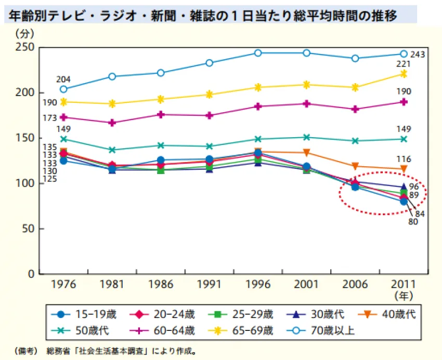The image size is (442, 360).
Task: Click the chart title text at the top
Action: click(203, 16)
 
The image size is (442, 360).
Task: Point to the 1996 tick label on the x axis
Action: click(258, 284)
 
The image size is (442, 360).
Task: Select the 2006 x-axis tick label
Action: click(355, 284)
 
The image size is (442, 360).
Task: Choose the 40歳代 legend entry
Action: click(387, 314)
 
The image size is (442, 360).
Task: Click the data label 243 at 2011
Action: click(418, 55)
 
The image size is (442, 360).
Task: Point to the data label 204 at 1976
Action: click(63, 79)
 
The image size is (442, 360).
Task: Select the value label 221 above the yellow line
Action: click(404, 64)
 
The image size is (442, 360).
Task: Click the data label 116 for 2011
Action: click(404, 159)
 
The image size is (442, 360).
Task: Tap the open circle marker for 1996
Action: click(258, 53)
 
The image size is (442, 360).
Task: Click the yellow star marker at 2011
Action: click(404, 74)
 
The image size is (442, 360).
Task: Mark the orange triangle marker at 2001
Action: click(306, 152)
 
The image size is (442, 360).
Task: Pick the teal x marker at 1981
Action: click(112, 150)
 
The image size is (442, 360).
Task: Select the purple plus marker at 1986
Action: click(161, 115)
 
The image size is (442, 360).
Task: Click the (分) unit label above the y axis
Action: click(24, 34)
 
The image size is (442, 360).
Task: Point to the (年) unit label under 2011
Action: click(404, 296)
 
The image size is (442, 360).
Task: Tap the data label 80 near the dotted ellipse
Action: click(413, 222)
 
